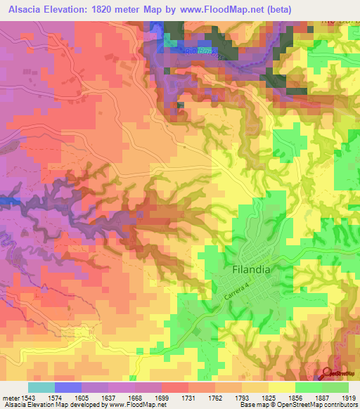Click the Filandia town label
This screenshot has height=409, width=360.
(x=250, y=269)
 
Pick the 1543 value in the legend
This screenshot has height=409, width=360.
(x=37, y=397)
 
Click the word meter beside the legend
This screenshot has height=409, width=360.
(x=13, y=397)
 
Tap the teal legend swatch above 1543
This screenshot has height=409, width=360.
(x=40, y=387)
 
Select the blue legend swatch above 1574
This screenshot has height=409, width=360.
(x=67, y=387)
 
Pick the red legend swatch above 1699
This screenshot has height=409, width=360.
(x=174, y=387)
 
